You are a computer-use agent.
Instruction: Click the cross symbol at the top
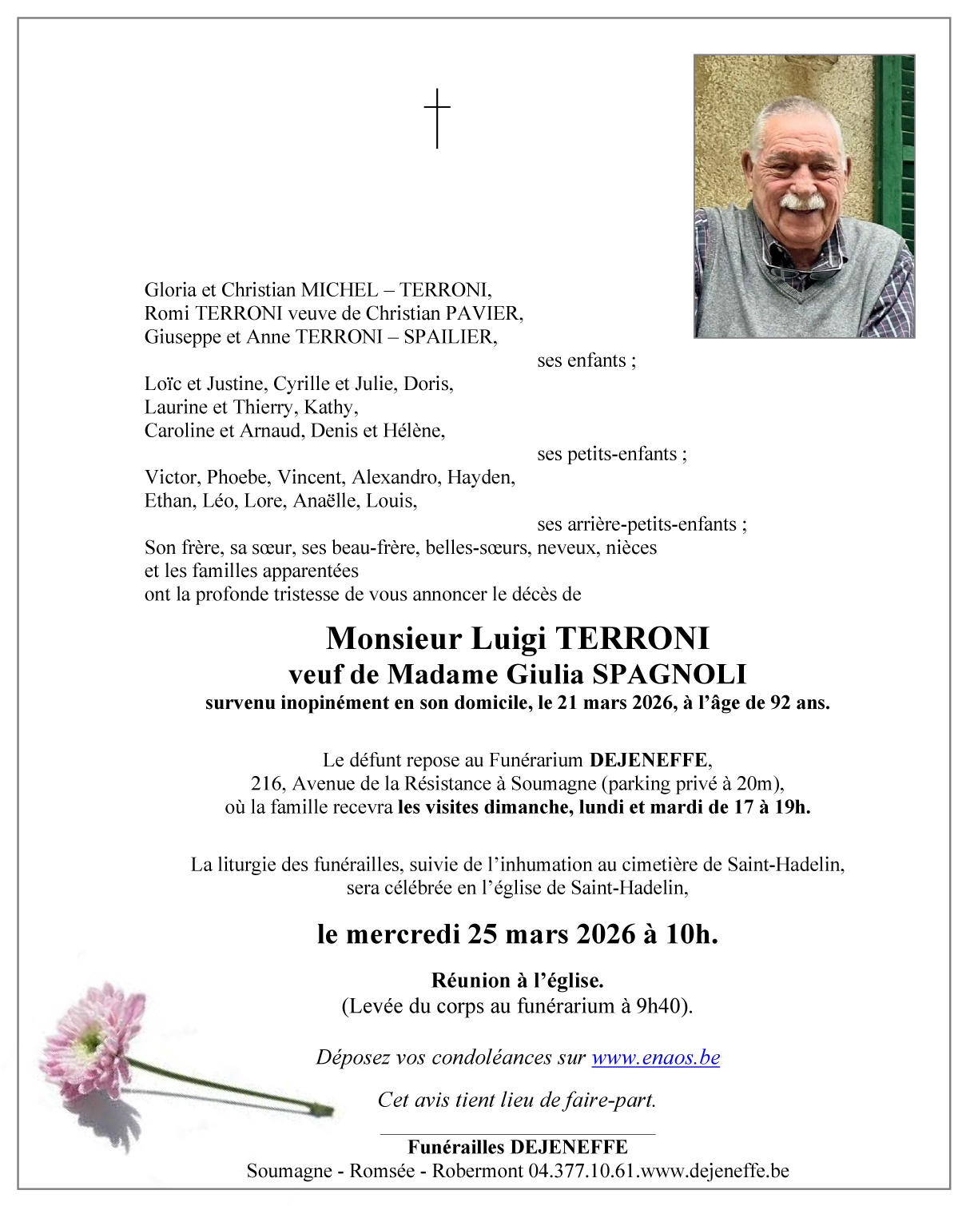point(437,117)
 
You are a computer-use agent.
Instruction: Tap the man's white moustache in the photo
point(801,201)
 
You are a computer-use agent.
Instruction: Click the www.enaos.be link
point(655,1057)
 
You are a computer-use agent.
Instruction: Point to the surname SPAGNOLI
point(669,675)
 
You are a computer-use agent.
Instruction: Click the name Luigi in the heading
point(508,639)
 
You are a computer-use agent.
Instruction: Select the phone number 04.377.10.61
point(581,1171)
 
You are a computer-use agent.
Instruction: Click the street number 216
point(267,784)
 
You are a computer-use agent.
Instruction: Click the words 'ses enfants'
point(586,360)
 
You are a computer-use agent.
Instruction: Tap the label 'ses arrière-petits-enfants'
point(642,524)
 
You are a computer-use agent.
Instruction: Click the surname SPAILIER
point(449,337)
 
